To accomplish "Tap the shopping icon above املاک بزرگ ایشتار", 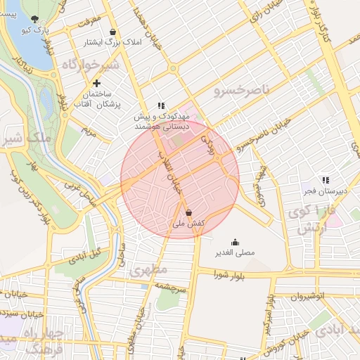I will point(113,32).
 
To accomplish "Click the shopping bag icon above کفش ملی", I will point(188,212).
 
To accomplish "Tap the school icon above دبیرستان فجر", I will point(325,180).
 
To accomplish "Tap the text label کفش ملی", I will point(188,224).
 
